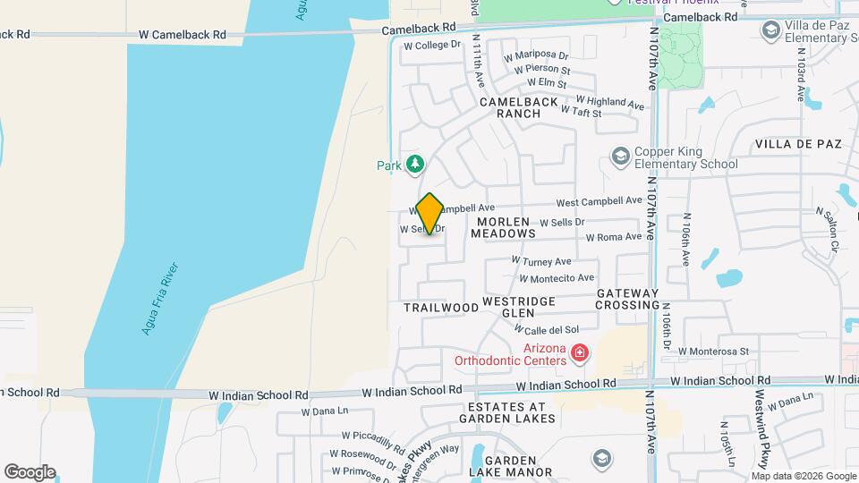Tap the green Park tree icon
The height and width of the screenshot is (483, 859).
coord(414,164)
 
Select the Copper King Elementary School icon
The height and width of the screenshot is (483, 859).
coord(619,157)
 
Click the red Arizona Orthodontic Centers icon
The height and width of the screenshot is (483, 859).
coord(580,353)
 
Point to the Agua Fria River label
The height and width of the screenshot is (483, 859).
coord(160,299)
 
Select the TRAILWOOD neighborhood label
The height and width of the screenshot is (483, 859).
coord(441,308)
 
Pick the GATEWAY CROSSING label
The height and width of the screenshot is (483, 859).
coord(627,299)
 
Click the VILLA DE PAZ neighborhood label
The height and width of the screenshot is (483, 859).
coord(799,144)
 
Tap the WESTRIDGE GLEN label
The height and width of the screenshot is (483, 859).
coord(520,307)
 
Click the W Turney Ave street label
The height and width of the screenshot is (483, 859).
coord(540,261)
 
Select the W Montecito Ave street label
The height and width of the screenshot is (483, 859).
coord(555,278)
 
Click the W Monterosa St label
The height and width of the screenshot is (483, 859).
coord(713,352)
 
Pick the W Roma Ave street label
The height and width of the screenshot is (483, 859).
coord(614,237)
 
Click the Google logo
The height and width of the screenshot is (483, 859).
coord(30,472)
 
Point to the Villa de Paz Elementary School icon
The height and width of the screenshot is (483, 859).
coord(770,31)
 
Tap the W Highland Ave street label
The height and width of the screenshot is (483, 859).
coord(609,103)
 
